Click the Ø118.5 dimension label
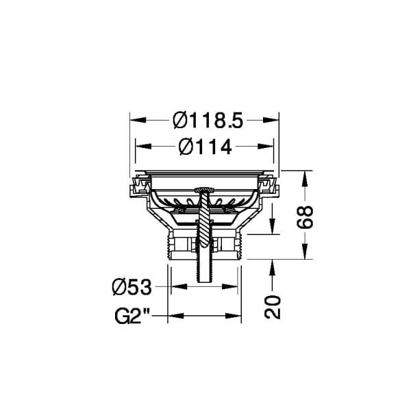coord(208,121)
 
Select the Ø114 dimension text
coord(205,147)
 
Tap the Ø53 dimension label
coord(132,287)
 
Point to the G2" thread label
coord(132,316)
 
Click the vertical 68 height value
coord(305,217)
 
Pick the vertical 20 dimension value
coord(273,307)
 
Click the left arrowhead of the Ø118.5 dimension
coord(138,120)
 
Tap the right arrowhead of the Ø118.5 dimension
coord(271,120)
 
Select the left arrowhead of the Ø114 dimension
coord(143,147)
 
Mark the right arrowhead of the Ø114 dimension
coord(266,147)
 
